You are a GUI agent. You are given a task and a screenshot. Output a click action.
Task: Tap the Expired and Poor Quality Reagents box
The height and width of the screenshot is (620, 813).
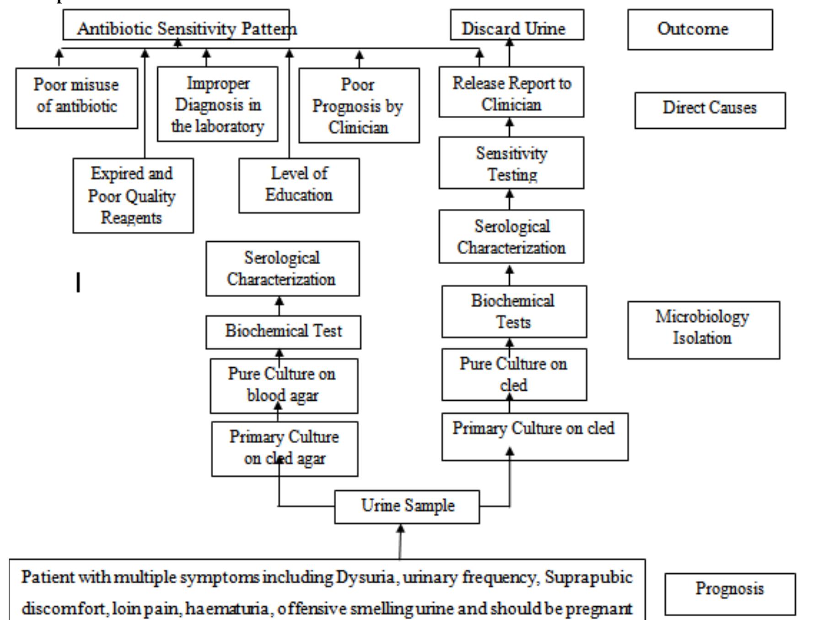coord(133,196)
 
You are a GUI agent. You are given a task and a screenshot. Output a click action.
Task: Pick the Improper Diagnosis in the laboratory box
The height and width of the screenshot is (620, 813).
coord(217,104)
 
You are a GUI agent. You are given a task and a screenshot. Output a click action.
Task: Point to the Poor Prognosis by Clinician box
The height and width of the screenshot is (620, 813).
coord(359,106)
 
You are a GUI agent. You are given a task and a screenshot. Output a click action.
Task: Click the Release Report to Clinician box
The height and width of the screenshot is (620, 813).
coord(511,92)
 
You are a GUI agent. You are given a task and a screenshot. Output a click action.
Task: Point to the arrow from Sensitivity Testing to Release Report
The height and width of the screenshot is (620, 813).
coord(510,127)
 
